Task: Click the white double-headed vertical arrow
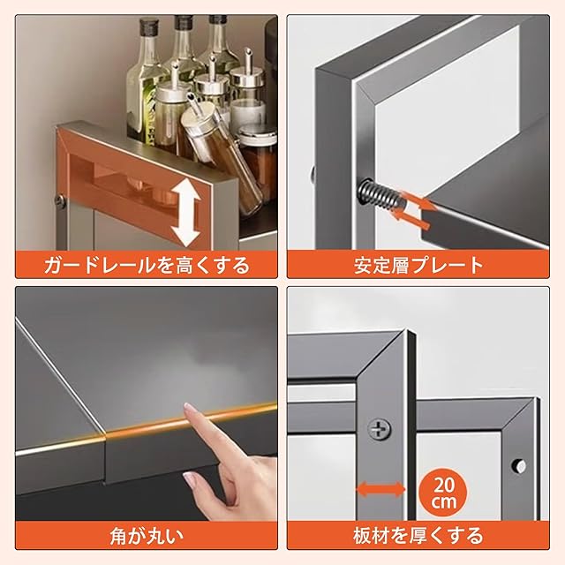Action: pos(186,213)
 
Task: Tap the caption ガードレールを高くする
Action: pos(147,265)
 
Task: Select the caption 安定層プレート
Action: pos(418,265)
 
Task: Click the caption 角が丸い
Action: pos(147,536)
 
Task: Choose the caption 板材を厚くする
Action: pos(418,536)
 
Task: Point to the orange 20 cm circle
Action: pos(444,491)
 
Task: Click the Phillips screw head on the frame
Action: pos(380,429)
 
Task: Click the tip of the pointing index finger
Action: pos(187,406)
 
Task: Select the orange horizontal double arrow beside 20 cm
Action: pos(380,489)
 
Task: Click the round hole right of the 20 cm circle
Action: pos(519,467)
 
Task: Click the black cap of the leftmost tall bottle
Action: pos(147,26)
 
